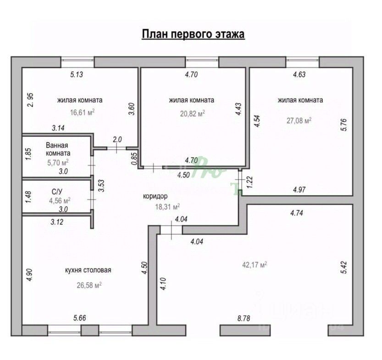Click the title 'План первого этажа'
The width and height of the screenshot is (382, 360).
pyautogui.click(x=193, y=34)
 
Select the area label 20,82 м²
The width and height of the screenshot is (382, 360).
pyautogui.click(x=193, y=113)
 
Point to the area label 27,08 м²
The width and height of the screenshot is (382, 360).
pyautogui.click(x=299, y=120)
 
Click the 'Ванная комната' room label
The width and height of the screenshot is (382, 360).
pyautogui.click(x=58, y=149)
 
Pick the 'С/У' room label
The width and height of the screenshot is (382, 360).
pyautogui.click(x=57, y=191)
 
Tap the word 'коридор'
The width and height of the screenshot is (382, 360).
pyautogui.click(x=155, y=196)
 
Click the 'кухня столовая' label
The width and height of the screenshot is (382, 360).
pyautogui.click(x=89, y=270)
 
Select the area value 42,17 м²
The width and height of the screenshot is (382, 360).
pyautogui.click(x=255, y=264)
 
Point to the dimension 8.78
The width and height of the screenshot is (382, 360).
pyautogui.click(x=243, y=318)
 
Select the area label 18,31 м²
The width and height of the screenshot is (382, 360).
pyautogui.click(x=167, y=207)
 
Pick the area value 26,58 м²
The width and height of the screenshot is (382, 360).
pyautogui.click(x=89, y=285)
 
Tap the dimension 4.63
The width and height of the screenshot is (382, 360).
pyautogui.click(x=299, y=74)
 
